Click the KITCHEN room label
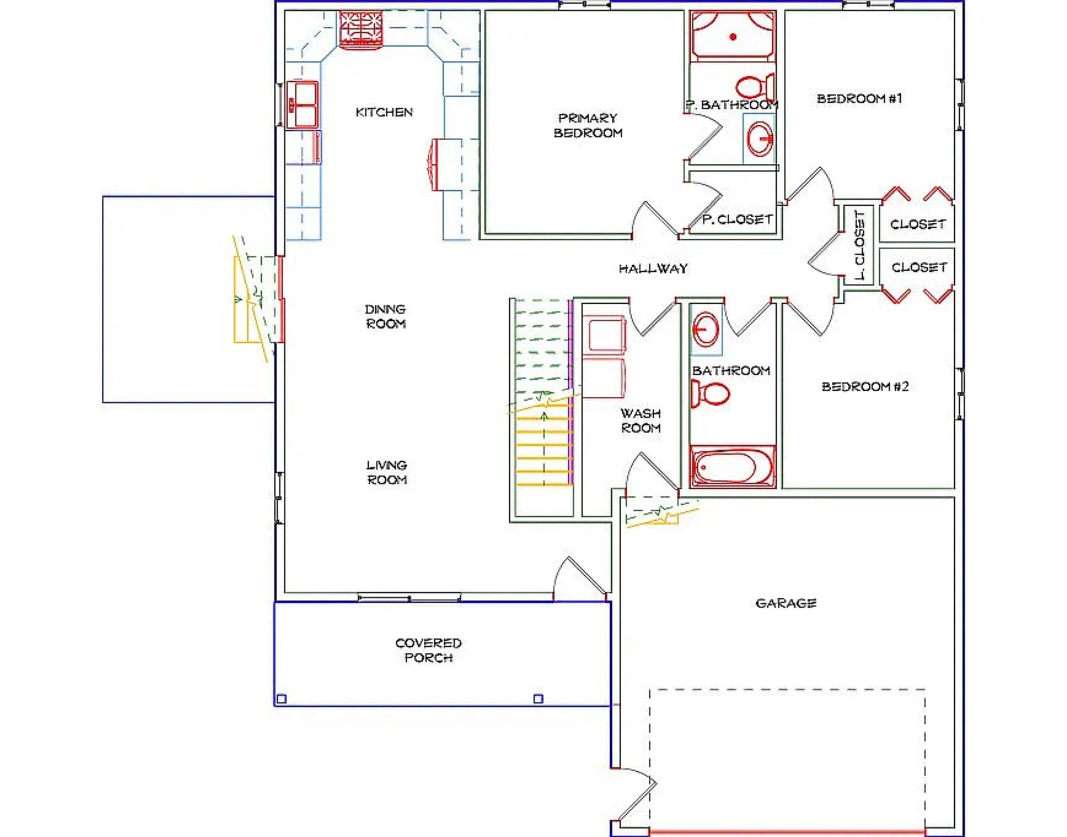384,112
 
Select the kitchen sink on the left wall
302,105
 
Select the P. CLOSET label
737,219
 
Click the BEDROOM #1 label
859,98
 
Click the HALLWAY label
653,268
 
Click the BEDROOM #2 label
865,387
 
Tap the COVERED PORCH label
429,650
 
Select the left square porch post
281,699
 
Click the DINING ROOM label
385,316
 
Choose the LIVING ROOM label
387,472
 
